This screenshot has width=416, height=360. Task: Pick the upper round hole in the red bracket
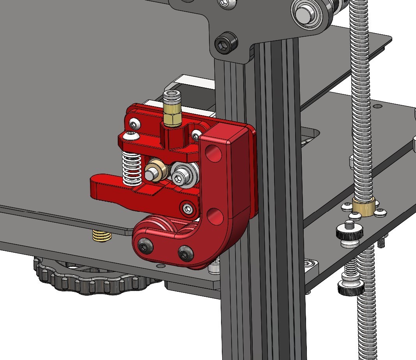[213, 153]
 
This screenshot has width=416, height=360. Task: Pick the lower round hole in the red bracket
[214, 215]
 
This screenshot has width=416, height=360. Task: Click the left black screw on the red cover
[145, 245]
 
